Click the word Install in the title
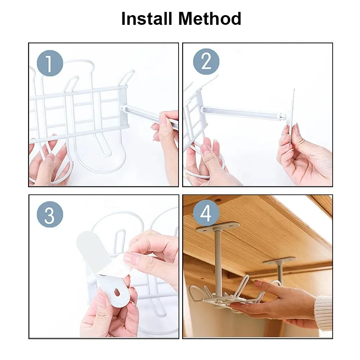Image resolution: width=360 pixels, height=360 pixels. tap(147, 19)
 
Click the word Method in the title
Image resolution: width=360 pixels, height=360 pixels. tap(210, 19)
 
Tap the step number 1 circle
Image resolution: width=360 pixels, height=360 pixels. tap(50, 63)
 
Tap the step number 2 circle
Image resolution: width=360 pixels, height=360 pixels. tap(206, 62)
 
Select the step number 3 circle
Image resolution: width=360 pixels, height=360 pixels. tap(50, 215)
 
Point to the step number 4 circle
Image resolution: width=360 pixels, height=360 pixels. tap(206, 213)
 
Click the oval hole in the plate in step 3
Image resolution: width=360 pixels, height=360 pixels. tap(118, 292)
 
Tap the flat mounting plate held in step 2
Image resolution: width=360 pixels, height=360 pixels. tap(292, 115)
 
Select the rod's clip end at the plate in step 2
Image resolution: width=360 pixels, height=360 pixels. tap(283, 118)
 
